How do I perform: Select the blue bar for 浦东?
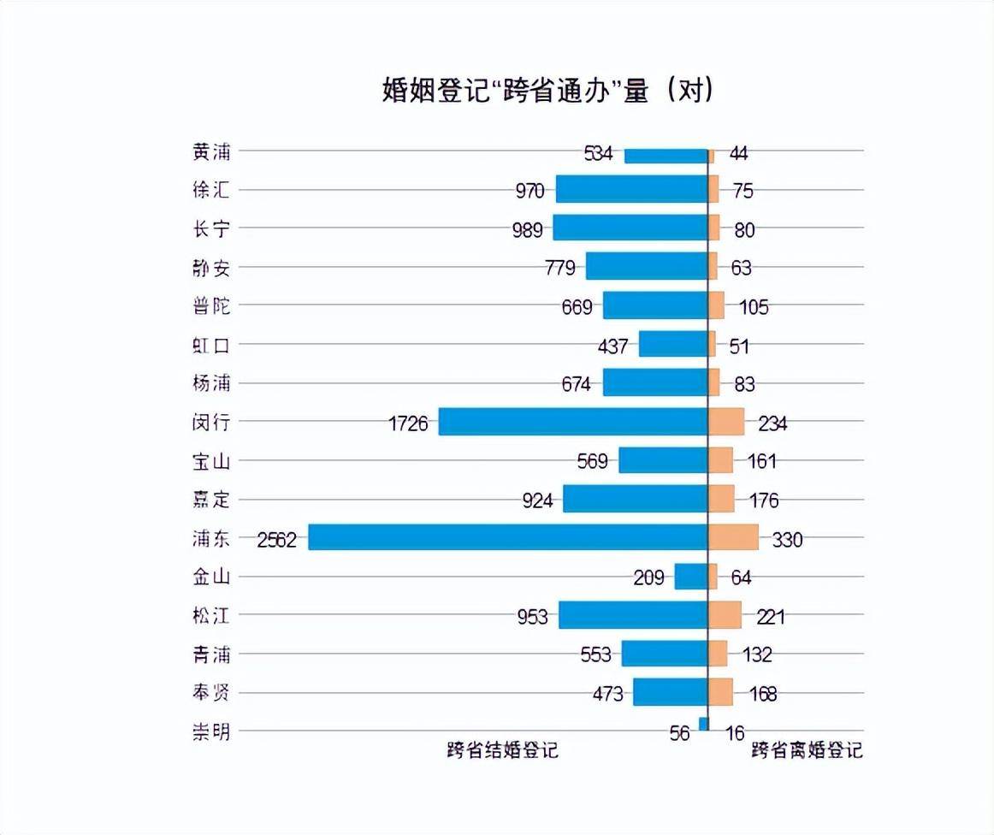pos(507,537)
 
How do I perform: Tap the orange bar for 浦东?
pos(733,537)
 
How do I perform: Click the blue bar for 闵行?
pos(573,422)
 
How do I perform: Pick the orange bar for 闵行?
pos(726,422)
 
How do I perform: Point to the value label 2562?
pos(276,540)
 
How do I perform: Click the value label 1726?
pos(408,423)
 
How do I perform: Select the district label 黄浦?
pos(211,151)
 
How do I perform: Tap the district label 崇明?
pos(211,732)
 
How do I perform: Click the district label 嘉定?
pos(211,500)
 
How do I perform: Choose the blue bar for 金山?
pos(691,577)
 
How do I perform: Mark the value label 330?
pos(787,540)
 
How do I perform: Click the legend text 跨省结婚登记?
pos(502,750)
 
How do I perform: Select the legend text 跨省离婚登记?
pos(807,750)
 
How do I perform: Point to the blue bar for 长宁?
pos(630,228)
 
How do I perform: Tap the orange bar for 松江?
pos(725,615)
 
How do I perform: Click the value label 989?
pos(525,230)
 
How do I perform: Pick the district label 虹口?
pos(211,345)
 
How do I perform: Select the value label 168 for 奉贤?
pos(762,694)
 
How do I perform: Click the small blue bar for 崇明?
pos(703,725)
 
